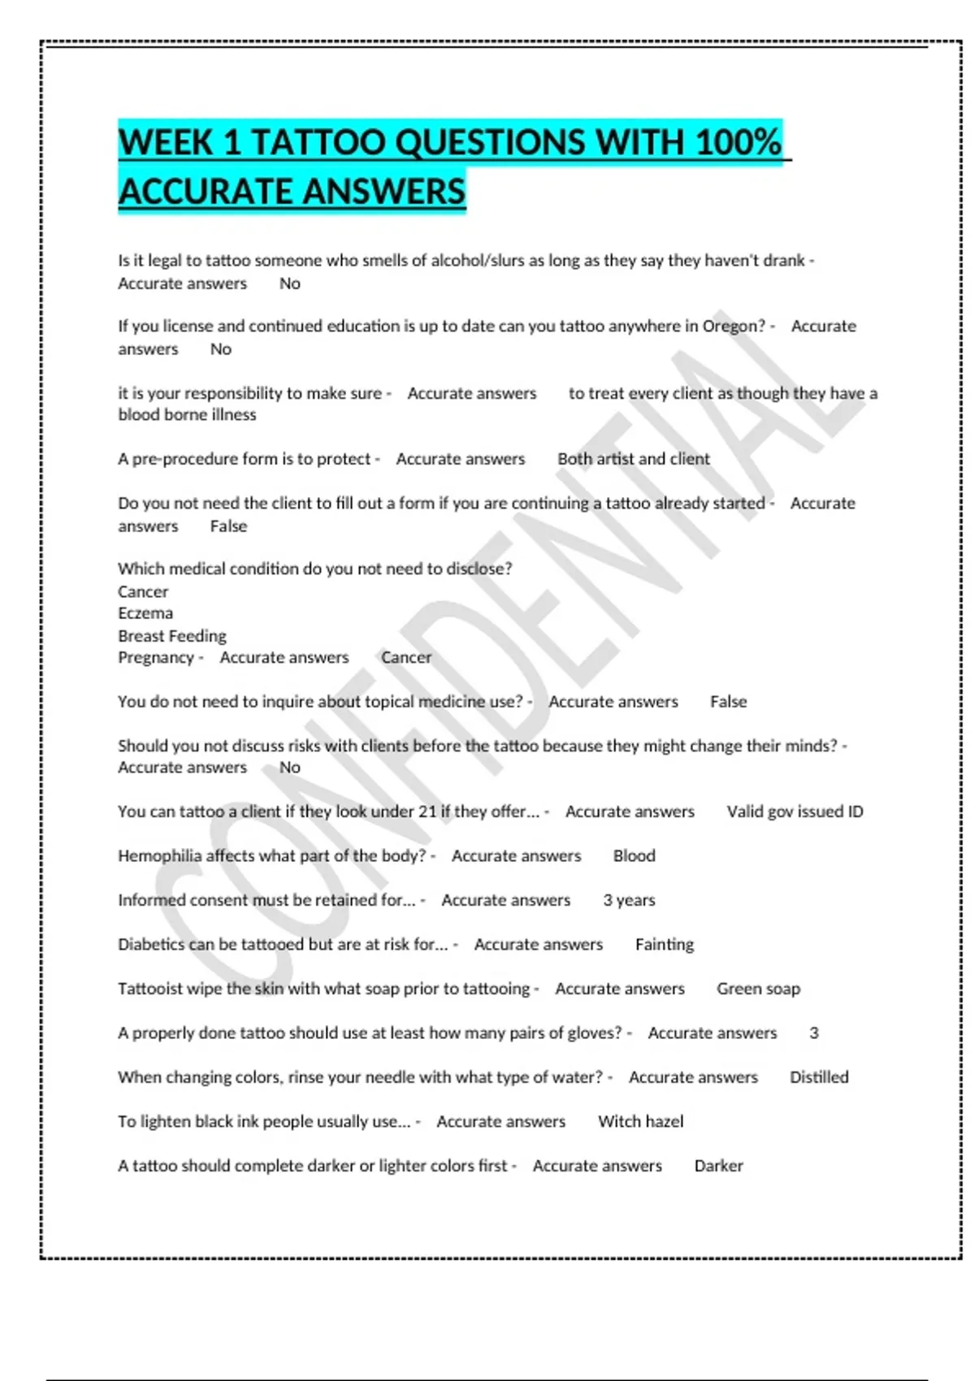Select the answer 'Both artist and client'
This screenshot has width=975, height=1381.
[x=633, y=459]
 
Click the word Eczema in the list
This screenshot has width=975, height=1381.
[x=145, y=613]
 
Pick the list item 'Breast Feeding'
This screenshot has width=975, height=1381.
[x=172, y=636]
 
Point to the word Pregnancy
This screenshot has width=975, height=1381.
[x=156, y=657]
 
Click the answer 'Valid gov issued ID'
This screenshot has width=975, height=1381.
[x=795, y=812]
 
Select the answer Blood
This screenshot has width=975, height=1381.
[x=634, y=855]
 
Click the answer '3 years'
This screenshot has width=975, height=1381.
[x=629, y=900]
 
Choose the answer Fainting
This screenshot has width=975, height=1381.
[x=665, y=944]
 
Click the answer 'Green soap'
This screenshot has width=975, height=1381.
[x=758, y=989]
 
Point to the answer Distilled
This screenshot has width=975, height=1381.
[x=819, y=1077]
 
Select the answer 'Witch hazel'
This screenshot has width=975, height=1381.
[x=640, y=1121]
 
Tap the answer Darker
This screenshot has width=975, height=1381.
[x=718, y=1166]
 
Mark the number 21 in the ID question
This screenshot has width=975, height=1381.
[x=427, y=812]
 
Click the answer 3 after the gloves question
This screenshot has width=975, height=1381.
[x=814, y=1033]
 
